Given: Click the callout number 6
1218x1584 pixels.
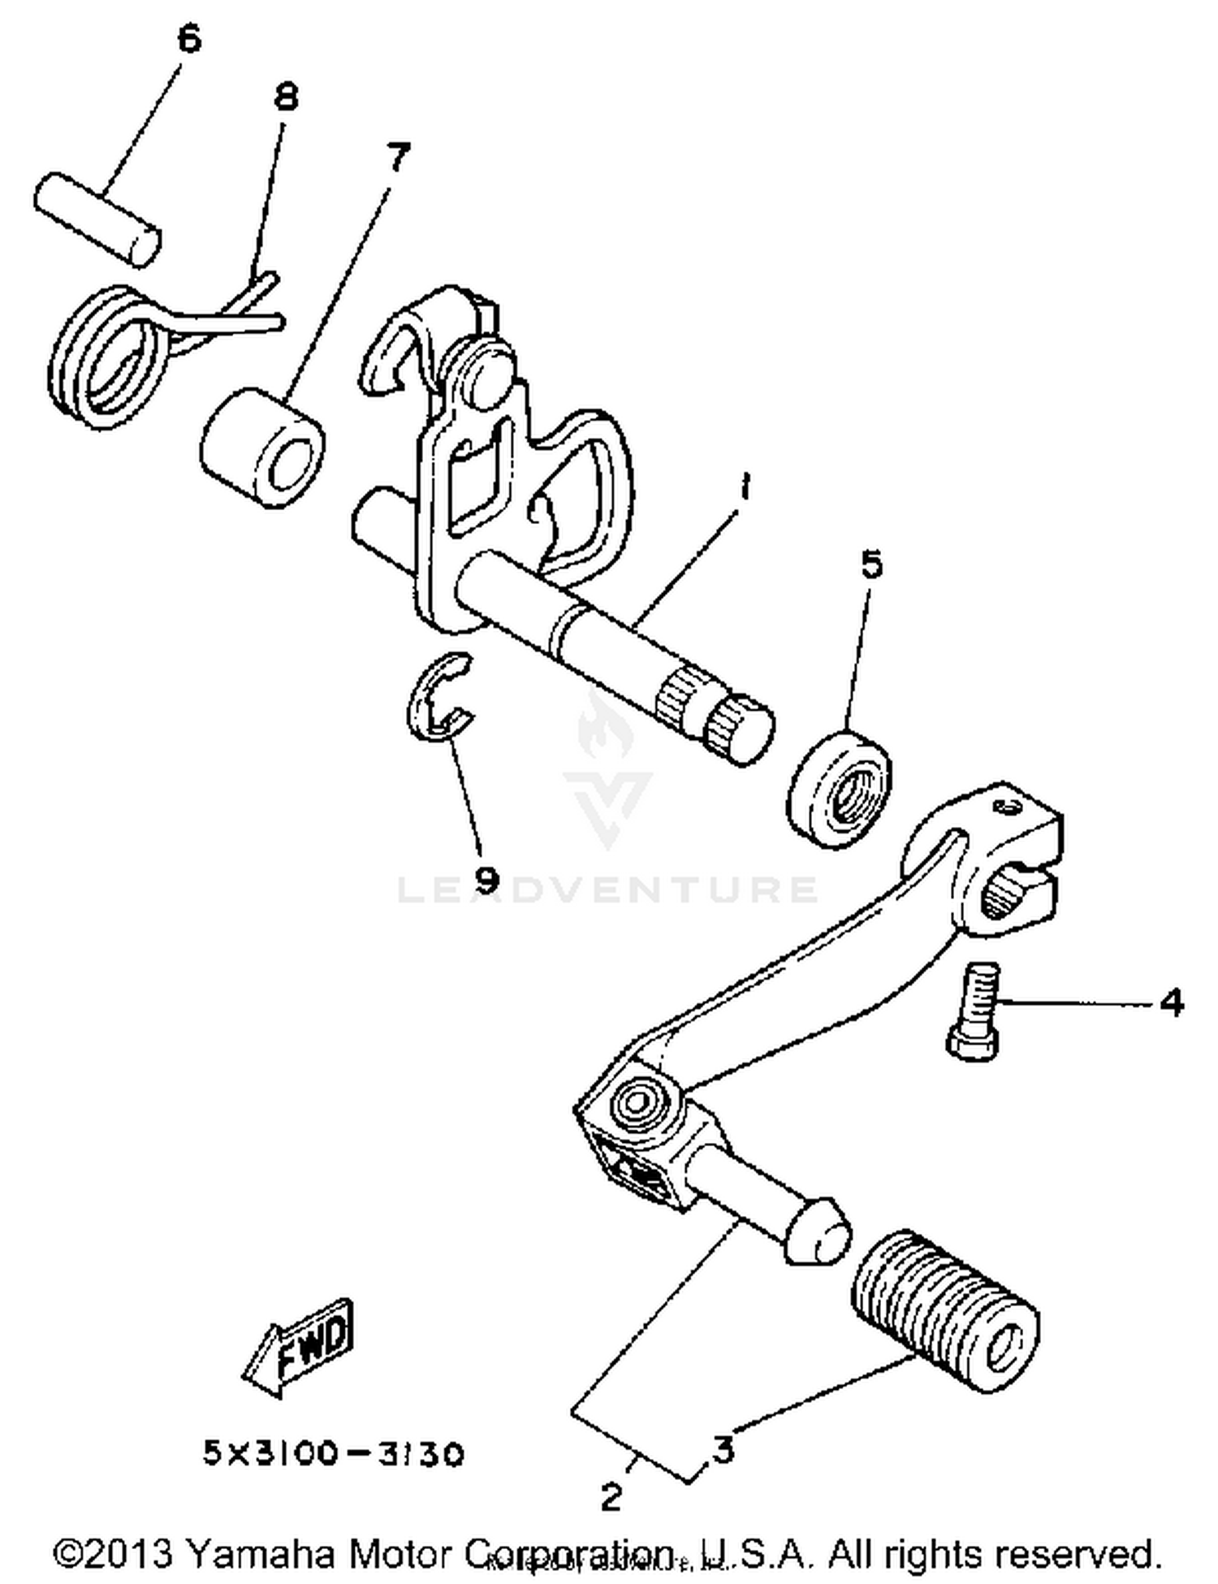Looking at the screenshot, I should point(188,39).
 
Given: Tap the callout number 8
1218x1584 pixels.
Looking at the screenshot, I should point(285,97).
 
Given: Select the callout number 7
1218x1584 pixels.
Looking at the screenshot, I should point(397,156).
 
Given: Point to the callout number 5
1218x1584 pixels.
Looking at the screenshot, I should point(871,564).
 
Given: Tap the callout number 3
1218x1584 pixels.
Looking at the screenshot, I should point(723,1449).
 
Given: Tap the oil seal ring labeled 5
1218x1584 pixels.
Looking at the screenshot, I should point(839,786).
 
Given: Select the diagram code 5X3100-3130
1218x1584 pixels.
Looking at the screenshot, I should point(333,1453).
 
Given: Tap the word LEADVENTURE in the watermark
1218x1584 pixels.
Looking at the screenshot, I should point(607,889).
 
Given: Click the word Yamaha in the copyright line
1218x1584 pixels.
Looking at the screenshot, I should point(260,1553).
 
